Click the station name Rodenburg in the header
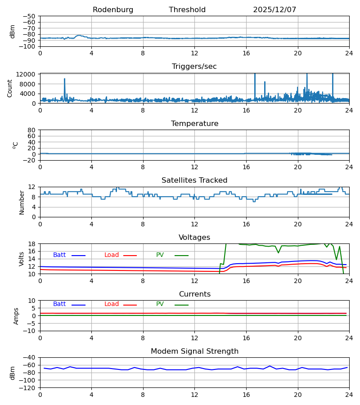tap(113, 10)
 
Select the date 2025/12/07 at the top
tap(274, 10)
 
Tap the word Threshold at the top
tap(187, 10)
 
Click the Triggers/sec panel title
tap(194, 67)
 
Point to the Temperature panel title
tap(194, 124)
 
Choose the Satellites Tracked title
tap(194, 180)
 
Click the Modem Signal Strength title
tap(194, 351)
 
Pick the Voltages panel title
tap(194, 238)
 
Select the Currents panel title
tap(194, 294)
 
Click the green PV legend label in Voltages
tap(160, 255)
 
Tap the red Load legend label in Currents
tap(112, 304)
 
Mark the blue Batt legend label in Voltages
tap(59, 255)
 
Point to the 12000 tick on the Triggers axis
tap(28, 74)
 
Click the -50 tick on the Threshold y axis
tap(31, 16)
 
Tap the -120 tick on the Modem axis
tap(29, 387)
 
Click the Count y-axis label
tap(10, 88)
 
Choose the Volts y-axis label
tap(22, 259)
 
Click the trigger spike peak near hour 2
tap(64, 79)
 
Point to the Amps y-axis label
tap(16, 316)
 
